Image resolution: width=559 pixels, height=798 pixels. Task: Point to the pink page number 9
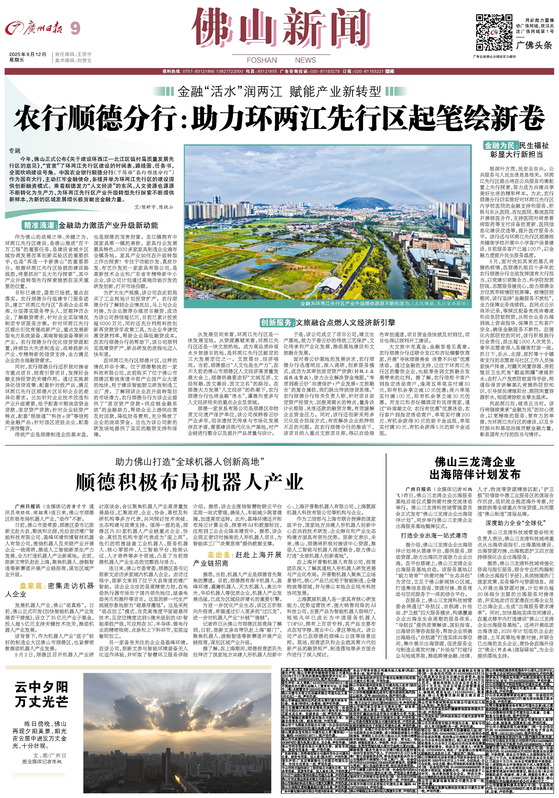[x=75, y=28]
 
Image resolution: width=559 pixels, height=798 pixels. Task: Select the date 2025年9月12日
[x=28, y=54]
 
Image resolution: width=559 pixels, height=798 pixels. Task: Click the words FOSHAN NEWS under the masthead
[x=281, y=60]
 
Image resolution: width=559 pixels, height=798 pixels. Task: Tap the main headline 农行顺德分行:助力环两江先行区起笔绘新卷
[x=279, y=119]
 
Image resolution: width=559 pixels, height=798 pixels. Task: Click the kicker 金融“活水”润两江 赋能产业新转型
[x=279, y=92]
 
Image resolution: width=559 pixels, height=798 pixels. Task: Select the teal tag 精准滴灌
[x=39, y=225]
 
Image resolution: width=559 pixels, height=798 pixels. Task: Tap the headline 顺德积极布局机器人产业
[x=190, y=481]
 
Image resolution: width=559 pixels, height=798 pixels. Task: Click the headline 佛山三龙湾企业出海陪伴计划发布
[x=475, y=468]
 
